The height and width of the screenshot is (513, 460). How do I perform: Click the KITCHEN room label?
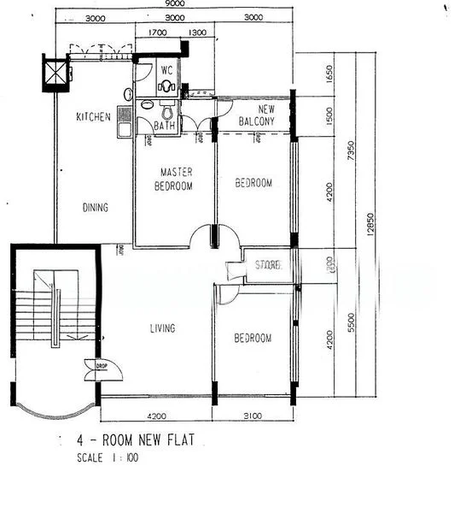pyautogui.click(x=93, y=117)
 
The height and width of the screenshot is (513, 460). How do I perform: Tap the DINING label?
pyautogui.click(x=96, y=207)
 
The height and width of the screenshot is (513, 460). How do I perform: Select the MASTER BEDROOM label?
pyautogui.click(x=173, y=179)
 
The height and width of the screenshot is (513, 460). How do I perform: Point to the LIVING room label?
pyautogui.click(x=162, y=328)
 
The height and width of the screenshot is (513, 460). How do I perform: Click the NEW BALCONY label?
pyautogui.click(x=255, y=116)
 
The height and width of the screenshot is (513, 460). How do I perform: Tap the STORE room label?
pyautogui.click(x=268, y=266)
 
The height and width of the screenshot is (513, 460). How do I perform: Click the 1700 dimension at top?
pyautogui.click(x=157, y=32)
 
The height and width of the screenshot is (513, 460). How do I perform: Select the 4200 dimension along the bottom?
pyautogui.click(x=155, y=417)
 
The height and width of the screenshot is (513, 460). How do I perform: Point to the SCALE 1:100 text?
pyautogui.click(x=108, y=458)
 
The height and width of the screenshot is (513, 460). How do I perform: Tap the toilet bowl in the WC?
pyautogui.click(x=166, y=86)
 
